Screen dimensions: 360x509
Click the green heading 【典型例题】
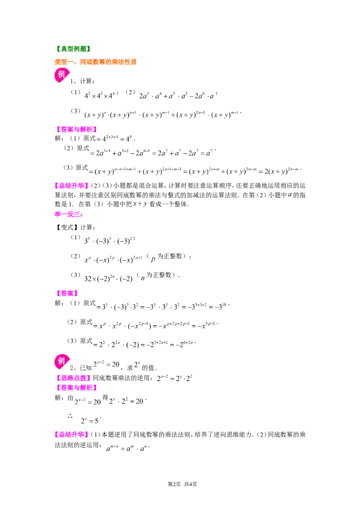pyautogui.click(x=73, y=49)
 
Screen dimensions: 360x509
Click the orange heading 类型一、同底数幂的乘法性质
pyautogui.click(x=95, y=62)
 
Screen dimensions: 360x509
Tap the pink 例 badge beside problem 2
pyautogui.click(x=62, y=362)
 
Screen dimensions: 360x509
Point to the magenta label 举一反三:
pyautogui.click(x=68, y=214)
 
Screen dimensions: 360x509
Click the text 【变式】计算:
pyautogui.click(x=75, y=227)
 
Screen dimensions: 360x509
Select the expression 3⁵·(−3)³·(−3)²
pyautogui.click(x=108, y=241)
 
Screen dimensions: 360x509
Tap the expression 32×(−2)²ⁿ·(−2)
pyautogui.click(x=108, y=278)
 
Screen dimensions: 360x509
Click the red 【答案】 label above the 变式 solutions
pyautogui.click(x=67, y=293)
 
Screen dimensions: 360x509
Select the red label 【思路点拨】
pyautogui.click(x=73, y=378)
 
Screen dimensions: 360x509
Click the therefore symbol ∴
pyautogui.click(x=70, y=416)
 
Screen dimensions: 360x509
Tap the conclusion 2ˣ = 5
pyautogui.click(x=90, y=421)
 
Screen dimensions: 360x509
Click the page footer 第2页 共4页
pyautogui.click(x=182, y=484)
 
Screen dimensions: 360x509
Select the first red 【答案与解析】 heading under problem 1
pyautogui.click(x=76, y=129)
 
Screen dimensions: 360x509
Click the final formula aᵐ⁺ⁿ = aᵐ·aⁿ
pyautogui.click(x=127, y=448)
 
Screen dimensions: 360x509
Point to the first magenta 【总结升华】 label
pyautogui.click(x=72, y=186)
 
